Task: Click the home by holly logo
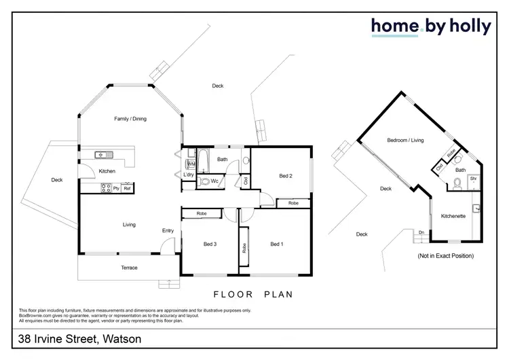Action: tap(430, 26)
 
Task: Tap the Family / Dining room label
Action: tap(130, 119)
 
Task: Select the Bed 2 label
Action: tap(286, 176)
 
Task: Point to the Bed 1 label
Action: tap(276, 244)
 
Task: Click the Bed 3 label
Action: tap(210, 244)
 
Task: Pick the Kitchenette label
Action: tap(453, 216)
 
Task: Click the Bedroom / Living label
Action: tap(405, 141)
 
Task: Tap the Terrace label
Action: tap(129, 268)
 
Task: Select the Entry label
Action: tap(168, 231)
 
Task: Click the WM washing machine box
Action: tap(191, 164)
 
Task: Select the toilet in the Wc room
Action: tap(205, 182)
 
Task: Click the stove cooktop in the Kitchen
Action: tap(106, 187)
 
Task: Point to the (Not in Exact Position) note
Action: tap(445, 256)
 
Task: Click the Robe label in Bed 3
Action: tap(202, 214)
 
